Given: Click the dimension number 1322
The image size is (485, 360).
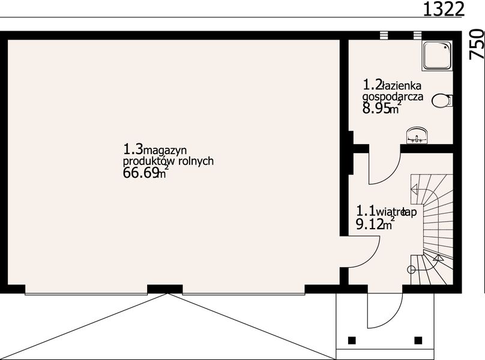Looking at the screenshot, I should pos(444,9).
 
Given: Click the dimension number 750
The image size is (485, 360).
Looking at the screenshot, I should pos(476,44).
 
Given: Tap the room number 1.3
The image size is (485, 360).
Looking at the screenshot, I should pos(133,149).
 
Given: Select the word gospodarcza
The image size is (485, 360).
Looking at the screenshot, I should pos(393,97).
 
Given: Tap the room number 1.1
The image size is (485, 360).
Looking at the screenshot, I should pos(366,211).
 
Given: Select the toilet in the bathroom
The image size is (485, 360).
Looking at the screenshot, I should pos(442,101).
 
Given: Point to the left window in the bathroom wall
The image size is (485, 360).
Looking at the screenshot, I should pos(385,35).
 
